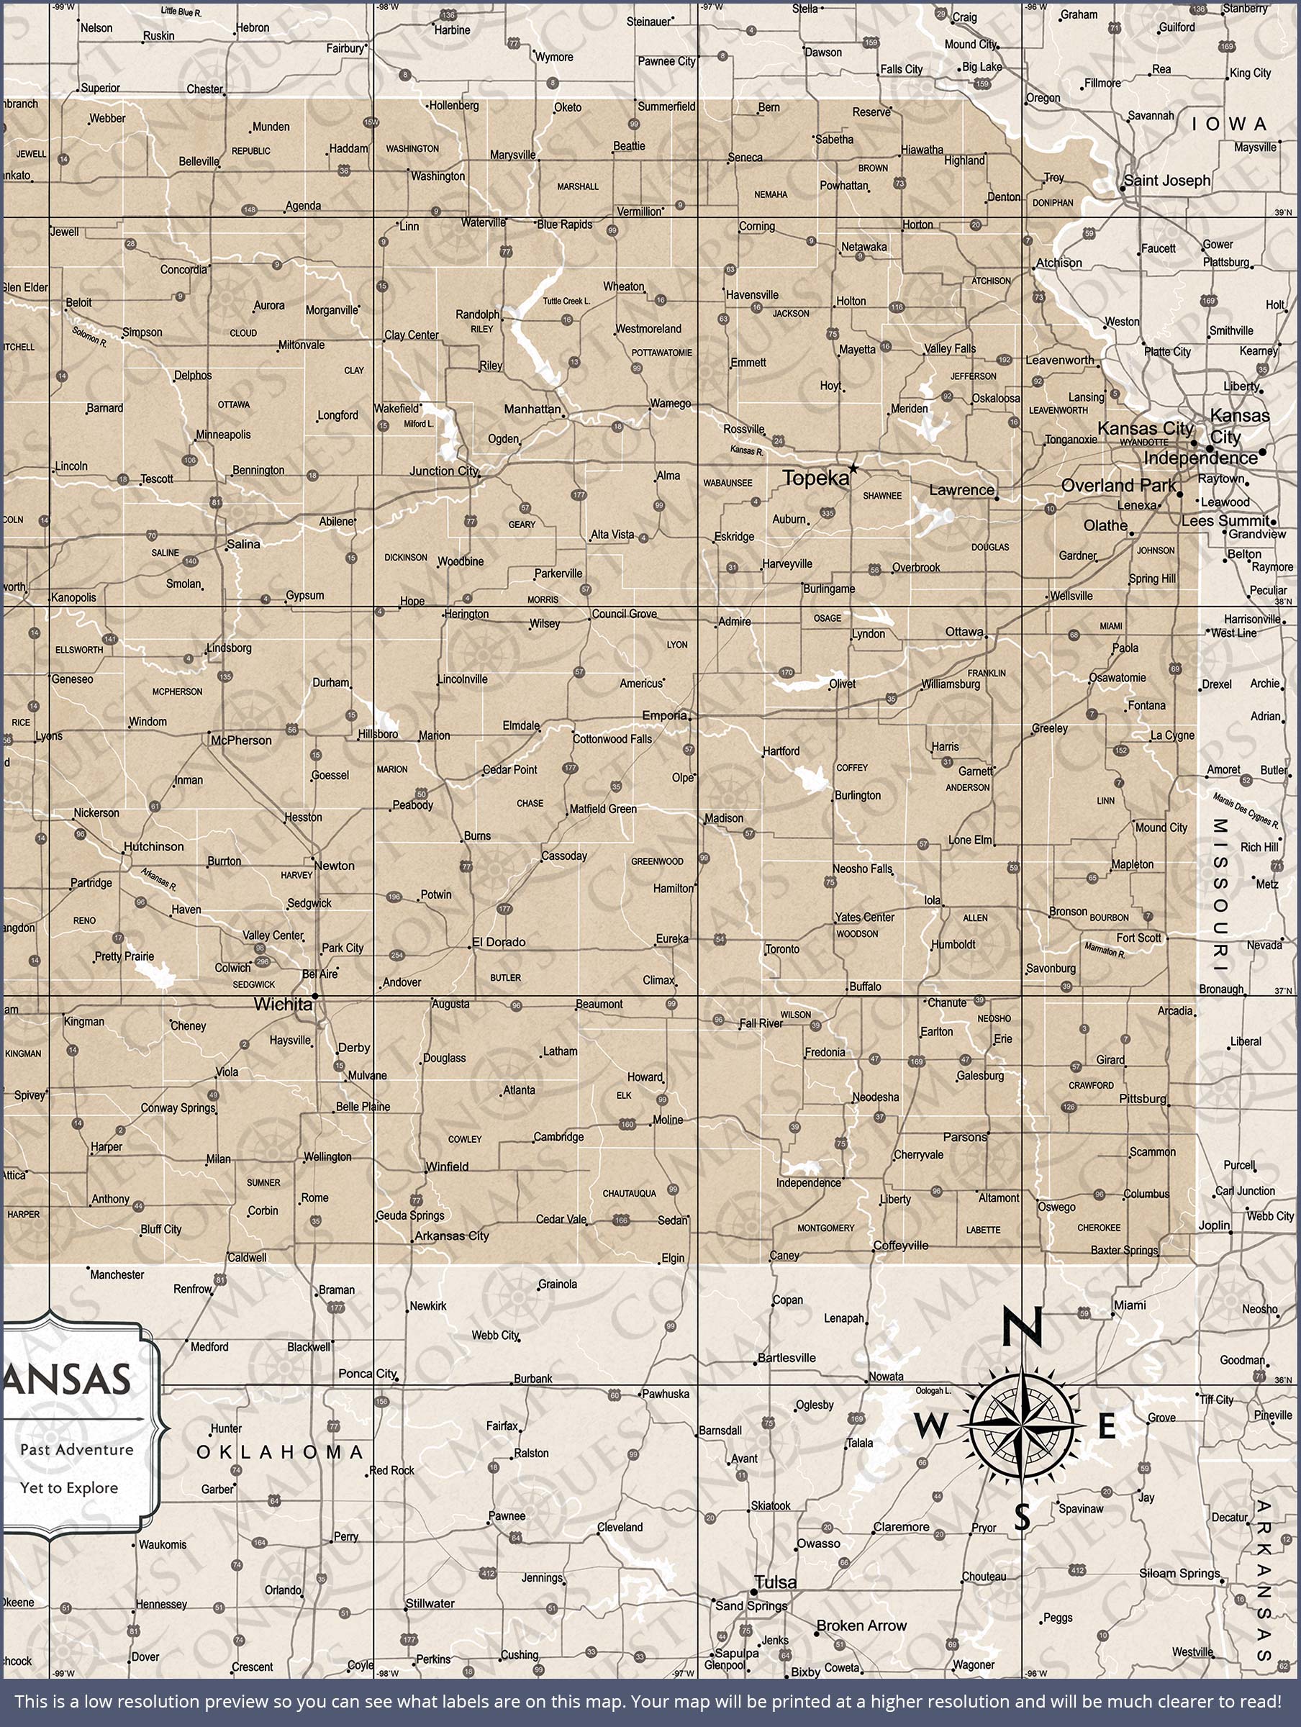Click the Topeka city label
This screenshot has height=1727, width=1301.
(815, 479)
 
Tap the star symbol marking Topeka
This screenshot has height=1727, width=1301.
(853, 468)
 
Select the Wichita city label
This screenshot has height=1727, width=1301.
(283, 1005)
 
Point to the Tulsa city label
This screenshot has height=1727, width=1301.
(776, 1582)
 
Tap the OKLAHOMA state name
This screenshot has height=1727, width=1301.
(280, 1452)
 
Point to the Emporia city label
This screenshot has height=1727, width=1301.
(665, 715)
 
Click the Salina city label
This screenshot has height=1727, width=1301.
(244, 543)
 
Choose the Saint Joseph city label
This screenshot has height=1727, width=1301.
(1167, 181)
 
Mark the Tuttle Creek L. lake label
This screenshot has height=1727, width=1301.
(566, 301)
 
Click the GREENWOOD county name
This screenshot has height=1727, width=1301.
(657, 861)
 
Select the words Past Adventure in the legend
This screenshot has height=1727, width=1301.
(76, 1450)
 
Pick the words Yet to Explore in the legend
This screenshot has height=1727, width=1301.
(70, 1488)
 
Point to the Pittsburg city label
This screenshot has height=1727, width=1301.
(1143, 1099)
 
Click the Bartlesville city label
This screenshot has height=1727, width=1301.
(787, 1358)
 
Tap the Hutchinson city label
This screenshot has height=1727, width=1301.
(154, 846)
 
